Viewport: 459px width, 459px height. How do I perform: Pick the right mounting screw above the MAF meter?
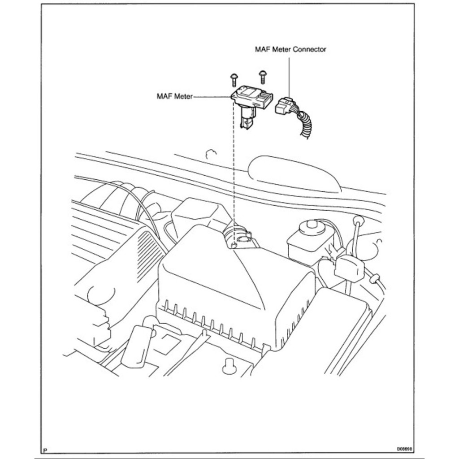262,76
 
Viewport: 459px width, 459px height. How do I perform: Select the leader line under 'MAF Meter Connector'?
289,76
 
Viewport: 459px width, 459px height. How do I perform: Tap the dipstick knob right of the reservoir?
358,221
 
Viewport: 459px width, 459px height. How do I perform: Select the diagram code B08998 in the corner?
403,448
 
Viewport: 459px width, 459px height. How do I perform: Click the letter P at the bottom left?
45,450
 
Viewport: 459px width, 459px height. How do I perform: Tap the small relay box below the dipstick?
350,268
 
